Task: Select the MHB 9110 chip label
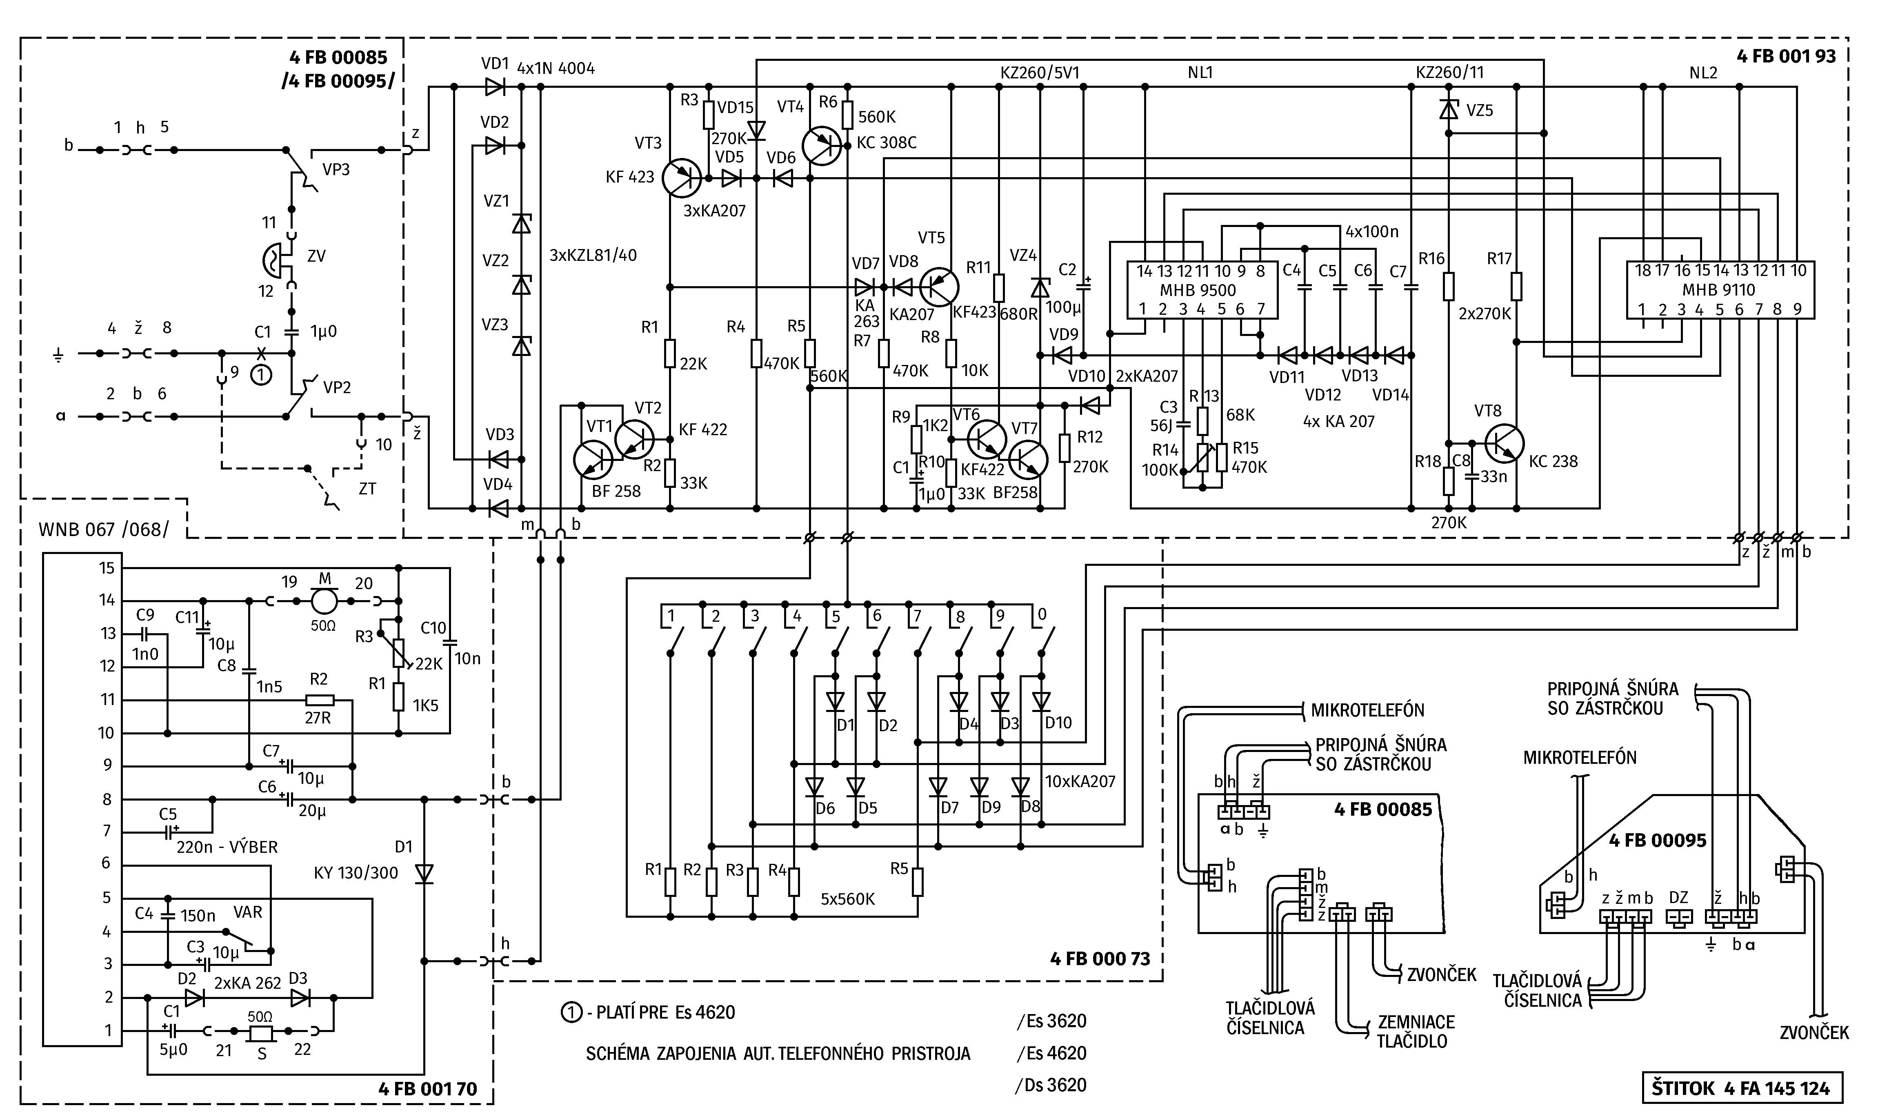[1719, 289]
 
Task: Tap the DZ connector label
[1678, 897]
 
